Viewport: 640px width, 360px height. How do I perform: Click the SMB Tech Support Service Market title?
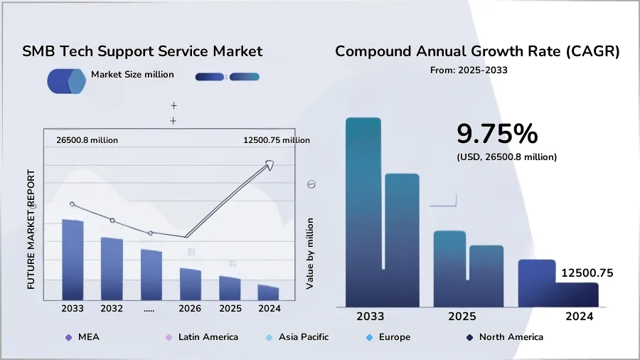[142, 52]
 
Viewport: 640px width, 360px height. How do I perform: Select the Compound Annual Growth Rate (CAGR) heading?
[477, 52]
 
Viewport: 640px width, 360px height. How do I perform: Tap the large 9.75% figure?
[496, 134]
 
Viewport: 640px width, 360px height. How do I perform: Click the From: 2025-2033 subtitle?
[469, 70]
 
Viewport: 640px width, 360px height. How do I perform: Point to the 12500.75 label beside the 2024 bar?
[587, 273]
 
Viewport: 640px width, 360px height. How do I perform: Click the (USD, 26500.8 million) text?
[506, 157]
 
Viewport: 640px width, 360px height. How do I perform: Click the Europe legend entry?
[394, 337]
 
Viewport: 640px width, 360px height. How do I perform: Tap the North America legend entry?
[511, 337]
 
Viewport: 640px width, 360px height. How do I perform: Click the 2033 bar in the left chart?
[73, 259]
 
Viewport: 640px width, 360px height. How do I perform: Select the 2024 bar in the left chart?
[268, 292]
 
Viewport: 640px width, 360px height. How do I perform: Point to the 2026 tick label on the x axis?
[190, 309]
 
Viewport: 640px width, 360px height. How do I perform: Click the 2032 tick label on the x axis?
[112, 309]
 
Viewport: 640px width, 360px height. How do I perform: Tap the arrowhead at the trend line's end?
[269, 165]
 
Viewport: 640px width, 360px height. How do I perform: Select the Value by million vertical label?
[310, 253]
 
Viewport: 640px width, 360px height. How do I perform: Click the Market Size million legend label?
[132, 75]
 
